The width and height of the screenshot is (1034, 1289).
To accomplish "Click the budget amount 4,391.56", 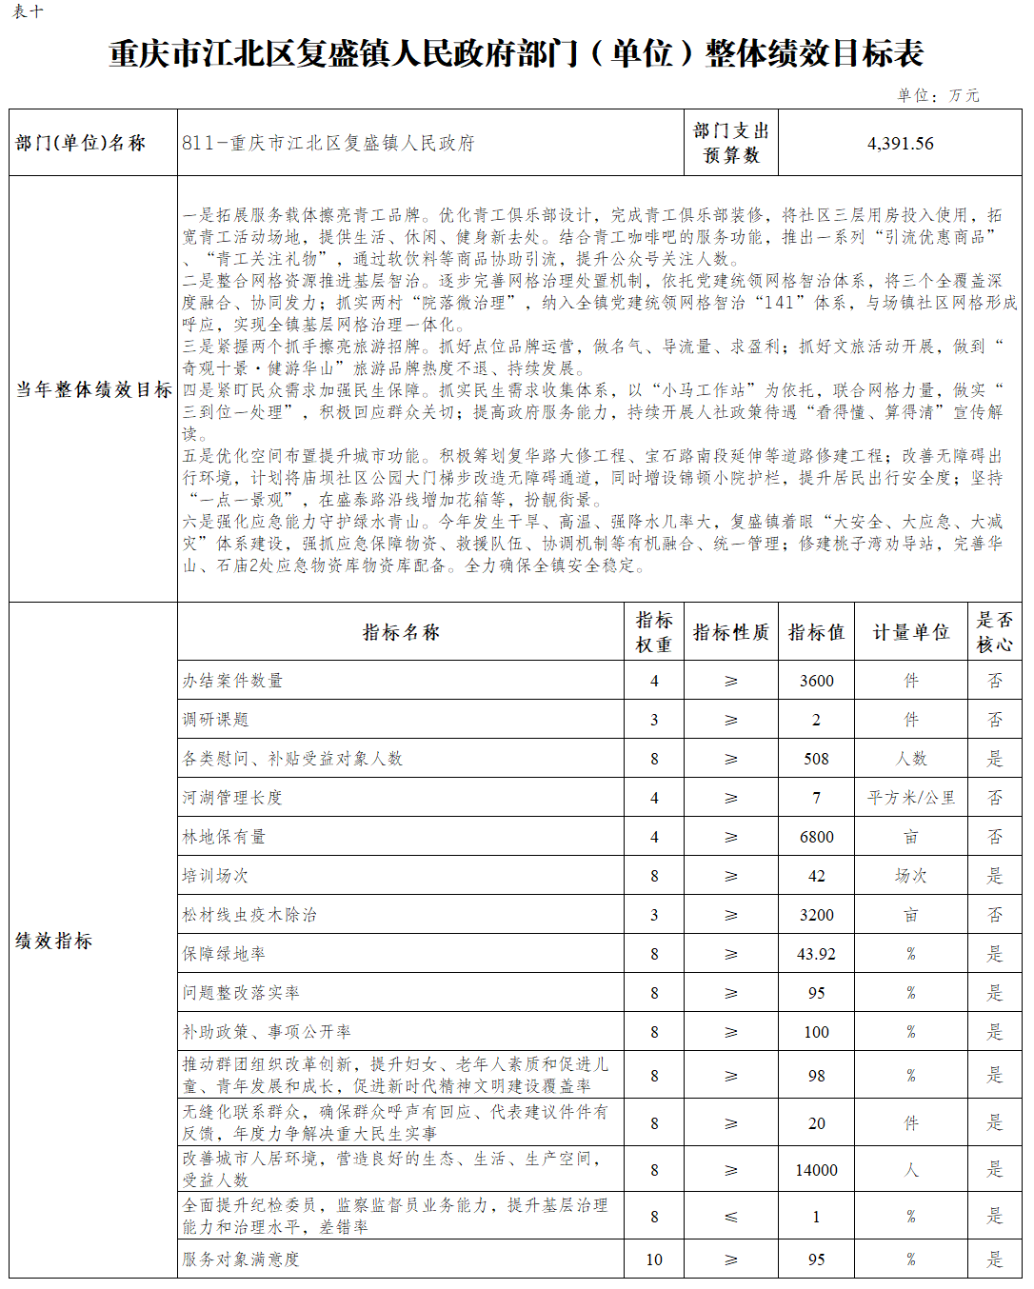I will coord(900,144).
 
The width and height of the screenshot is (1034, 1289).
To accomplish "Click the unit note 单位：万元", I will coord(937,95).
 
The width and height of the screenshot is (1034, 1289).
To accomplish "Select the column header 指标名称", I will coord(401,632).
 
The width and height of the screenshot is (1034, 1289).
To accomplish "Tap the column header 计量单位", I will coord(910,632).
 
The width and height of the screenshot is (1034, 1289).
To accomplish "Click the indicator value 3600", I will coord(816,681).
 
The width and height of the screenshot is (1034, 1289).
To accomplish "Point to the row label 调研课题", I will coord(216,720).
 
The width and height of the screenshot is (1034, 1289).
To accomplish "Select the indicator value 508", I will coord(816,759).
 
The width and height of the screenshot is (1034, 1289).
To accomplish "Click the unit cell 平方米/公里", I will coord(910,798).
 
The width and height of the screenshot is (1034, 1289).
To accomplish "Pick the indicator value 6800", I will coord(816,837).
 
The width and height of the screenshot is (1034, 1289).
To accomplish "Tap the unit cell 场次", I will coord(910,876).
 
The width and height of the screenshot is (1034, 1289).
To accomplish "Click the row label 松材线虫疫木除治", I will coord(249,915).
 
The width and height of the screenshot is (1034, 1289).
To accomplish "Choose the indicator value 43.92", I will coord(816,954).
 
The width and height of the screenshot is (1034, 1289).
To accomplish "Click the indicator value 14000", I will coord(816,1170).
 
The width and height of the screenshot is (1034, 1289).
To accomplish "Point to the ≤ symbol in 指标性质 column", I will coord(730,1217).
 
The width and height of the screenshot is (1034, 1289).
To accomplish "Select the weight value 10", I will coord(654,1259).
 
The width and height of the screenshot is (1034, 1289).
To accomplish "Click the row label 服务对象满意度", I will coord(241,1259).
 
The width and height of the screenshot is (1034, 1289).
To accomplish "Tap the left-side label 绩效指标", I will coord(54,941).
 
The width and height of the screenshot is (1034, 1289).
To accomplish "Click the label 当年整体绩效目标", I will coord(93,389).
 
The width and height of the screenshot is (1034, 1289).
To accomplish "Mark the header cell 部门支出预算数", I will coord(730,143).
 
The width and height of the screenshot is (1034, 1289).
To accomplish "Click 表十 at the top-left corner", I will coord(28,12).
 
